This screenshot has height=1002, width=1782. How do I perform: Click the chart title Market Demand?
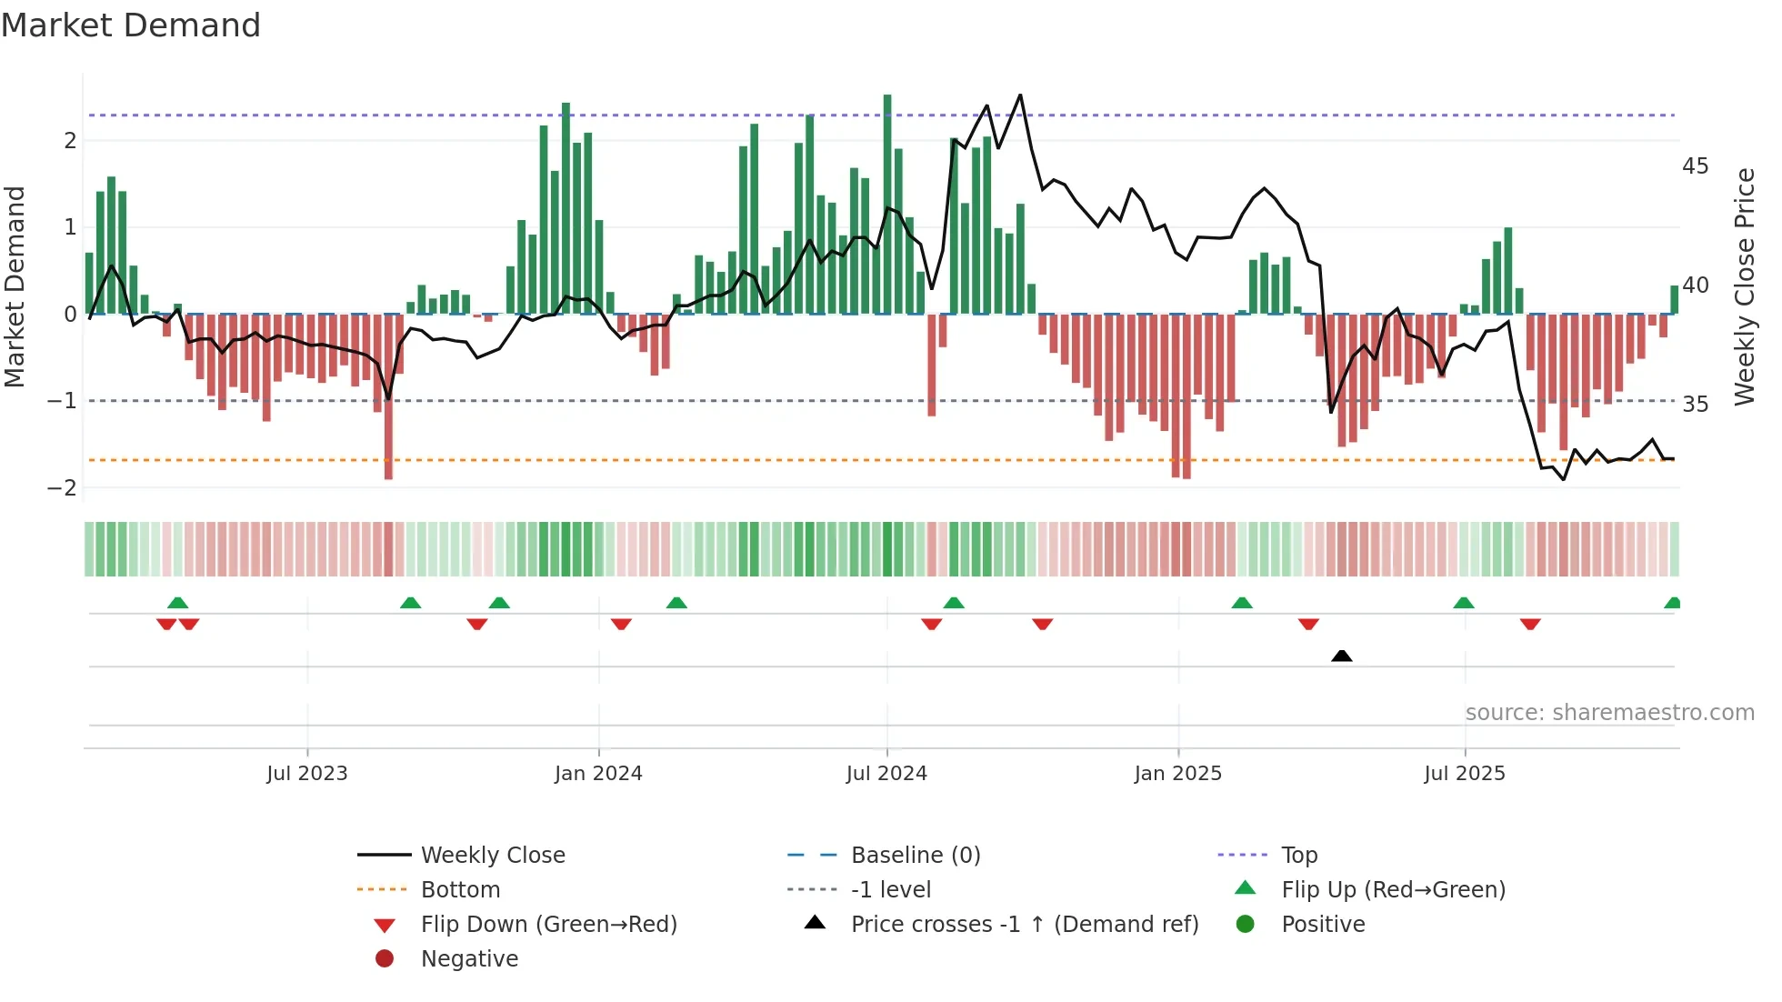[131, 25]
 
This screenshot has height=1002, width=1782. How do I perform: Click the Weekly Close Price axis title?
[1744, 286]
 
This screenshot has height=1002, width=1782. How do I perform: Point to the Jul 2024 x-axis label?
[886, 774]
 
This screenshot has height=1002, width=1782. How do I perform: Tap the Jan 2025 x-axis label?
[1177, 774]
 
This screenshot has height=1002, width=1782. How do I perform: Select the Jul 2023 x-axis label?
[307, 774]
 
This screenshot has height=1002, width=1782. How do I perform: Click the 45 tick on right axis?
[1695, 166]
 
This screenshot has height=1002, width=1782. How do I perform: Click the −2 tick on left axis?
[62, 488]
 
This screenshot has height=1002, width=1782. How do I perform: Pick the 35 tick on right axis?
[1695, 404]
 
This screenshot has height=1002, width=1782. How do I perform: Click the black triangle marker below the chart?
[1341, 656]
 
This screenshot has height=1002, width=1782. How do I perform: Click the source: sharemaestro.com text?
[1609, 713]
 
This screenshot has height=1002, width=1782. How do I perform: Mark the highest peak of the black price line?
[1020, 95]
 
